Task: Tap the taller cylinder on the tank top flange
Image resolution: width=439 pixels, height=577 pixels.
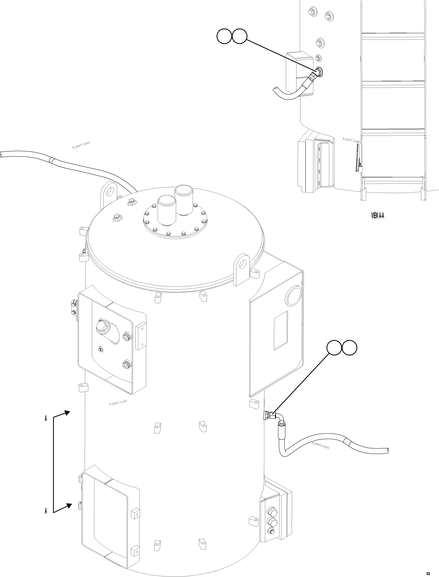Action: (x=184, y=200)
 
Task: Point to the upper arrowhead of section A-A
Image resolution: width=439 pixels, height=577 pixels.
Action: (x=67, y=413)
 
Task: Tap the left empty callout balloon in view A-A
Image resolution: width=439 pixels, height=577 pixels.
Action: (x=224, y=36)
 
